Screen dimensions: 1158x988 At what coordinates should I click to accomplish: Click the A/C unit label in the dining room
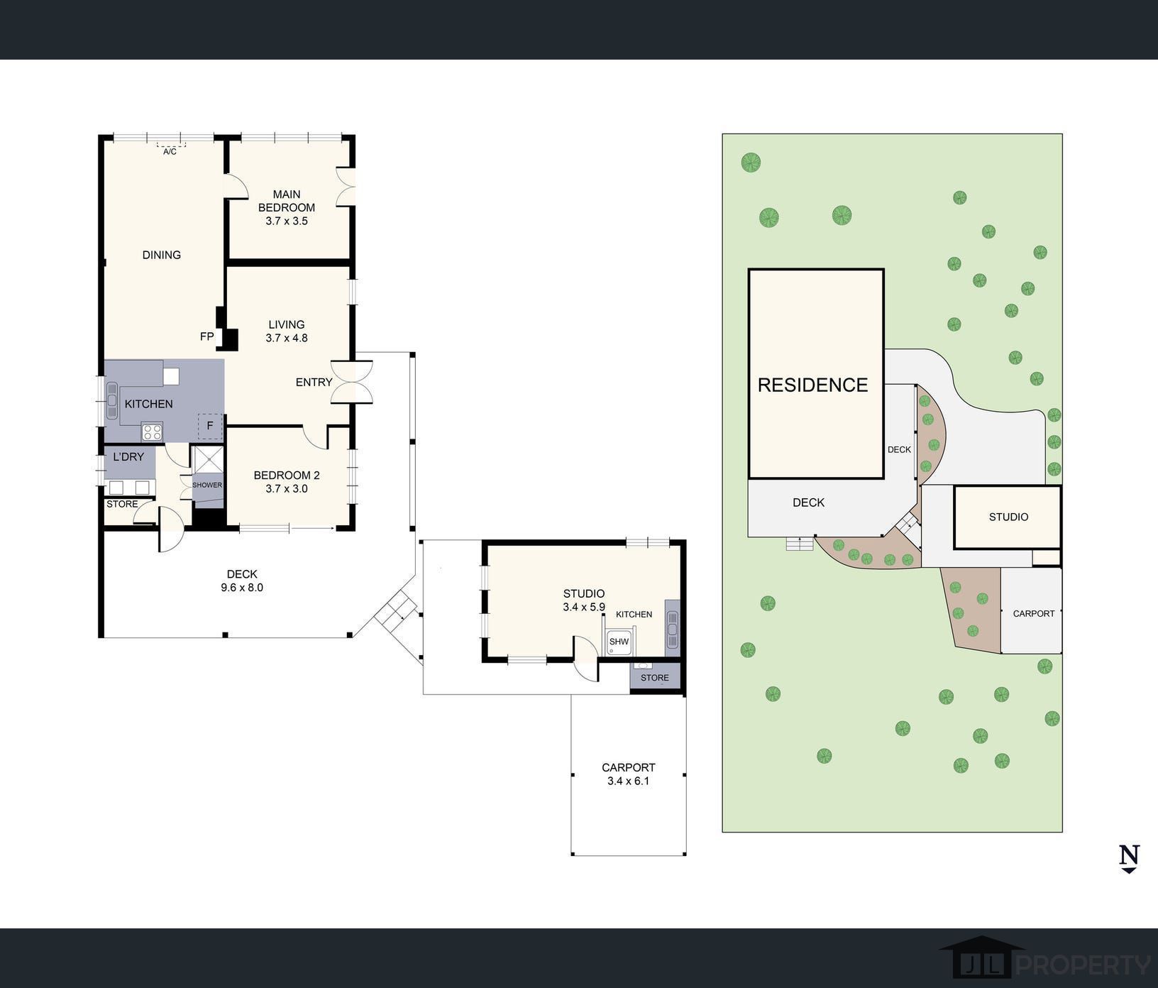click(170, 152)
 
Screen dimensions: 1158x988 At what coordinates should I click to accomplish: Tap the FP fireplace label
click(206, 336)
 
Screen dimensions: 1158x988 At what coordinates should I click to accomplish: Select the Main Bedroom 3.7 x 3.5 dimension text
click(287, 221)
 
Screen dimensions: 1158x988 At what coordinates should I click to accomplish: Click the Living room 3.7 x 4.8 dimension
click(287, 338)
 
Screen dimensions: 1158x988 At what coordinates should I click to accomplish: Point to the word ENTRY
click(314, 382)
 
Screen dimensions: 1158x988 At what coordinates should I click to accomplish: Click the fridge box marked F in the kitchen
click(210, 426)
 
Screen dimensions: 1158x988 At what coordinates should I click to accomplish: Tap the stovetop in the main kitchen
click(152, 431)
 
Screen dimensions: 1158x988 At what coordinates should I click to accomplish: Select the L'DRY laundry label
click(128, 456)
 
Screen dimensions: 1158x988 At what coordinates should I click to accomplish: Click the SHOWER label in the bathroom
click(207, 485)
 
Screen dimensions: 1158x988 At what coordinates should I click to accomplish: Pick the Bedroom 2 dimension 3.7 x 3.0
click(287, 488)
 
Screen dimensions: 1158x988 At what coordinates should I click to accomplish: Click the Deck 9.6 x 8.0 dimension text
click(242, 587)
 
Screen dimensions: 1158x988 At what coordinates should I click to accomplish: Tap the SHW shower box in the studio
click(619, 642)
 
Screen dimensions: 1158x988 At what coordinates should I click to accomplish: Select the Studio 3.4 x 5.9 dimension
click(584, 607)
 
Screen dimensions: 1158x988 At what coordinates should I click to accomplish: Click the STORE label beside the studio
click(655, 678)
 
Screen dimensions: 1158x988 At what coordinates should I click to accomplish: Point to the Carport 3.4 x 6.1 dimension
click(629, 781)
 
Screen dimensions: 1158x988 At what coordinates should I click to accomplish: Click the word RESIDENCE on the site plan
click(813, 385)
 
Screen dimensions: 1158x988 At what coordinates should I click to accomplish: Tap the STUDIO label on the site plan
click(1008, 517)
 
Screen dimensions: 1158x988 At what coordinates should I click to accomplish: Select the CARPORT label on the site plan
click(1034, 613)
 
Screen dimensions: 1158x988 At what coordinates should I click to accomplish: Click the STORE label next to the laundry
click(122, 504)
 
